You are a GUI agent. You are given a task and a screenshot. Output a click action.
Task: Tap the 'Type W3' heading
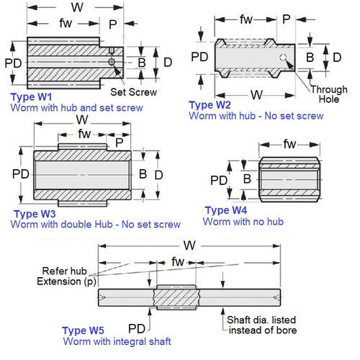click(x=35, y=215)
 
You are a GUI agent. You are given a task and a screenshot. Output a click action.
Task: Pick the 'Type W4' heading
click(x=227, y=210)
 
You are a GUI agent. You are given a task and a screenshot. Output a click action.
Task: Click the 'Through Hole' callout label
click(x=328, y=94)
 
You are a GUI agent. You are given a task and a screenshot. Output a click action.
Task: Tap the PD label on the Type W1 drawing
click(x=13, y=63)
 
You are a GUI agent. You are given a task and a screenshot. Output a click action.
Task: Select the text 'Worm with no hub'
click(x=243, y=221)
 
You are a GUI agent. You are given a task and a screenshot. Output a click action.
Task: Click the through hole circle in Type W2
click(x=287, y=58)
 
